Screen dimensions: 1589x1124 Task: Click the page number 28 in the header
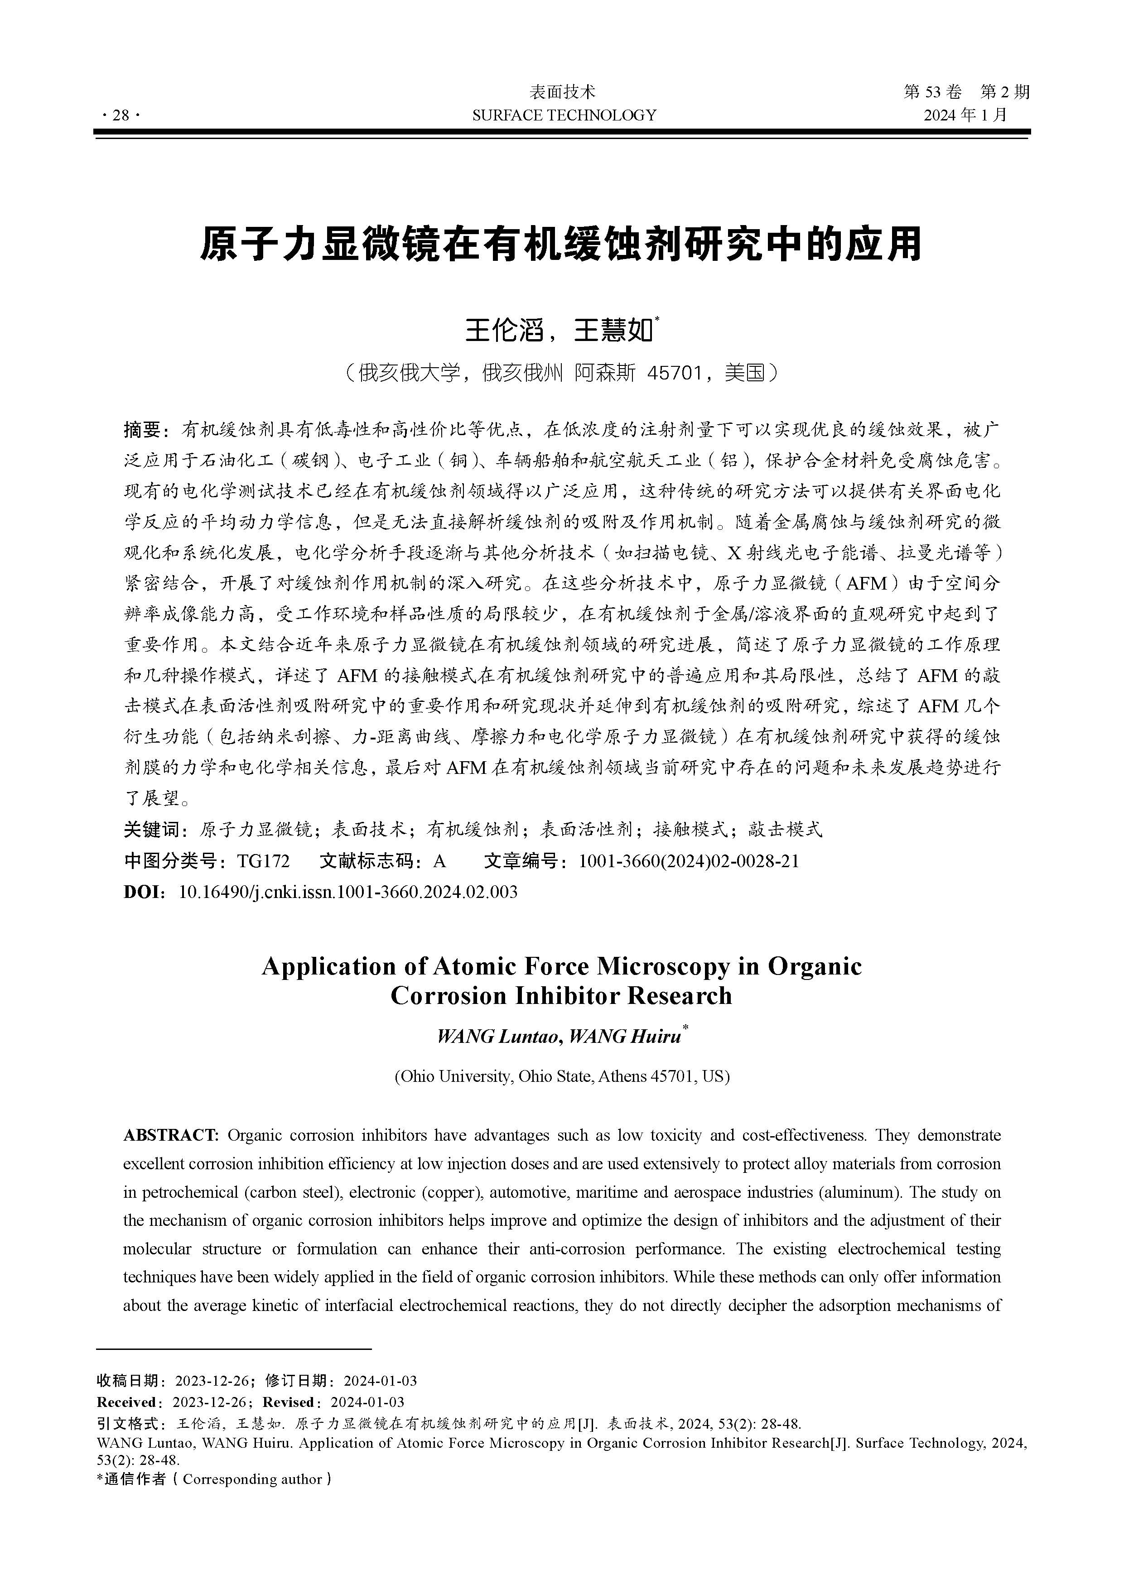pos(121,115)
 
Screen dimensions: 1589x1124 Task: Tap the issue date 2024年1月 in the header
pos(965,115)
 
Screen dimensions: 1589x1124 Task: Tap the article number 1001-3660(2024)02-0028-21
pos(688,861)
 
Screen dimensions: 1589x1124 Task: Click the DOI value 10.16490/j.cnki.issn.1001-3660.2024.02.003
pos(347,891)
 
